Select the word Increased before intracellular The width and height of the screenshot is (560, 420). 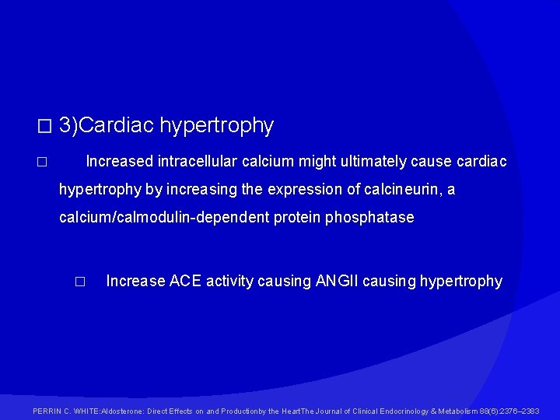click(x=119, y=162)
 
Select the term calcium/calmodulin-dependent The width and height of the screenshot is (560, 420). click(x=163, y=218)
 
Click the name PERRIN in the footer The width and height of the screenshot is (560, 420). click(x=48, y=411)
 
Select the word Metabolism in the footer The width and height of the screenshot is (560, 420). click(x=453, y=411)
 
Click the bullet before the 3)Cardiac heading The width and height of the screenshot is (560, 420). click(x=44, y=126)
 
